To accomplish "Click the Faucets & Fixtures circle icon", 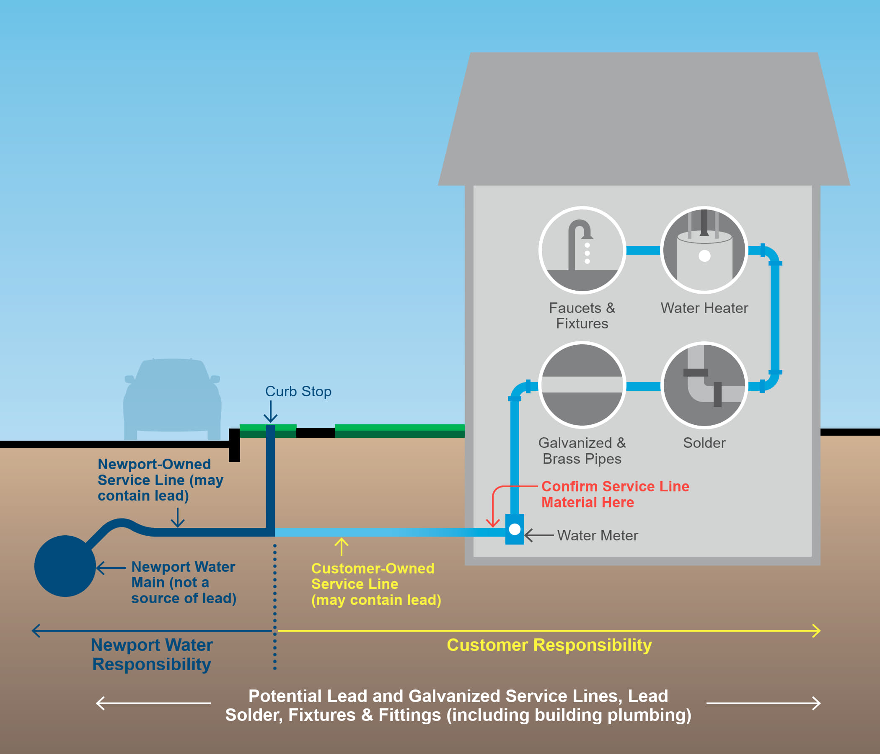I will pyautogui.click(x=582, y=250).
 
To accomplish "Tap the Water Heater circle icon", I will pyautogui.click(x=704, y=250).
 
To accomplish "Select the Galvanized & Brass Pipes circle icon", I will pyautogui.click(x=582, y=385).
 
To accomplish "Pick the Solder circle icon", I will pyautogui.click(x=704, y=385).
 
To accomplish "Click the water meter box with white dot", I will pyautogui.click(x=514, y=529).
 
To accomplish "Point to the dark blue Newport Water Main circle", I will pyautogui.click(x=65, y=566).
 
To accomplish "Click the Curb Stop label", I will pyautogui.click(x=298, y=391).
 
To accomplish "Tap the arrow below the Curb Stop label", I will pyautogui.click(x=271, y=412).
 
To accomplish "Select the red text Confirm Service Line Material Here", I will pyautogui.click(x=615, y=494).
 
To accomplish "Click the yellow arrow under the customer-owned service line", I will pyautogui.click(x=342, y=546).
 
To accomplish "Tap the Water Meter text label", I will pyautogui.click(x=597, y=535).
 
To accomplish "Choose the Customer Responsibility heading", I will pyautogui.click(x=549, y=645).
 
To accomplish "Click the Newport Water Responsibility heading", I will pyautogui.click(x=152, y=654).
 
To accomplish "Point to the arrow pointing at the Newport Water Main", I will pyautogui.click(x=111, y=568).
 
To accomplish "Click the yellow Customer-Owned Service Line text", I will pyautogui.click(x=375, y=584).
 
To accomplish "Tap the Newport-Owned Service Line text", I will pyautogui.click(x=160, y=480).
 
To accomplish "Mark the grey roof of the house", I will pyautogui.click(x=643, y=119).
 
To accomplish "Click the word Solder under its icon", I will pyautogui.click(x=704, y=443).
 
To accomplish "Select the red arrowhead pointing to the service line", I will pyautogui.click(x=493, y=523).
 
